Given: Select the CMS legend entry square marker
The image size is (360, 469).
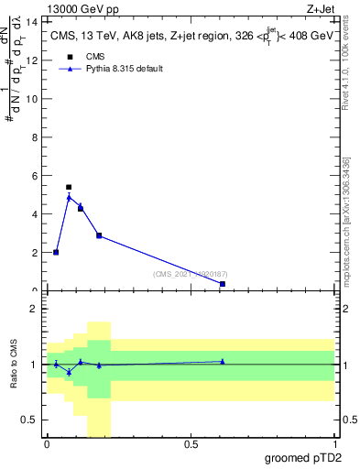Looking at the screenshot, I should click(x=68, y=57).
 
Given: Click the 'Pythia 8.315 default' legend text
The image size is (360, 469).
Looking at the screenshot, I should click(x=124, y=69).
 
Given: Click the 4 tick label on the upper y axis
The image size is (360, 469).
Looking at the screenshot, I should click(x=36, y=213).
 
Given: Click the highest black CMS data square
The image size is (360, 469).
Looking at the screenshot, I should click(x=69, y=187).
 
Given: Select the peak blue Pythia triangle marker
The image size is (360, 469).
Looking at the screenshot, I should click(x=69, y=197).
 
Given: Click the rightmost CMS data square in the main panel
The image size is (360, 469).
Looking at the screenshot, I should click(x=223, y=284).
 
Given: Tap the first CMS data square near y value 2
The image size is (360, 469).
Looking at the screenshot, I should click(x=56, y=252).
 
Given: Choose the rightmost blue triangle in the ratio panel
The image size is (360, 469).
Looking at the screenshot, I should click(x=223, y=361).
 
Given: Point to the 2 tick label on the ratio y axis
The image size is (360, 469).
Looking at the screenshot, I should click(x=35, y=309).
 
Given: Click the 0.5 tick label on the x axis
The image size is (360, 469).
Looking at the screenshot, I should click(x=191, y=444).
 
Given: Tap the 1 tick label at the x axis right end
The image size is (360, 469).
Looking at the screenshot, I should click(x=334, y=444).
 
